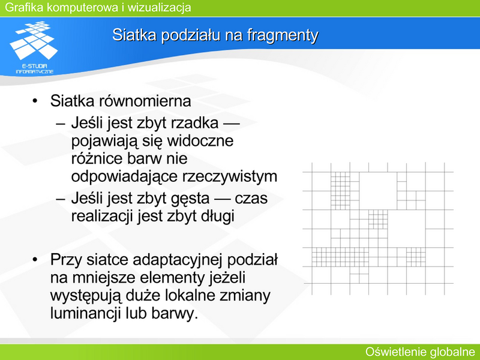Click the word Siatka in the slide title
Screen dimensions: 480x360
[x=134, y=35]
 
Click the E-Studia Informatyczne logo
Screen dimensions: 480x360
[x=34, y=47]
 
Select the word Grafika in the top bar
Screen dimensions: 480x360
[x=24, y=7]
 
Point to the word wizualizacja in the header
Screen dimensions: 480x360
[x=159, y=7]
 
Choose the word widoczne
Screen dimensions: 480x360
[x=200, y=141]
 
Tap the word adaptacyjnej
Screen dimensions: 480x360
[x=178, y=260]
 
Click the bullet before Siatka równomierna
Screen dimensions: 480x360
[x=35, y=101]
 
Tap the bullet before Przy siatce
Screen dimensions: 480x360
[x=35, y=260]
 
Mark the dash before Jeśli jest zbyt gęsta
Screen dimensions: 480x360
[x=61, y=199]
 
